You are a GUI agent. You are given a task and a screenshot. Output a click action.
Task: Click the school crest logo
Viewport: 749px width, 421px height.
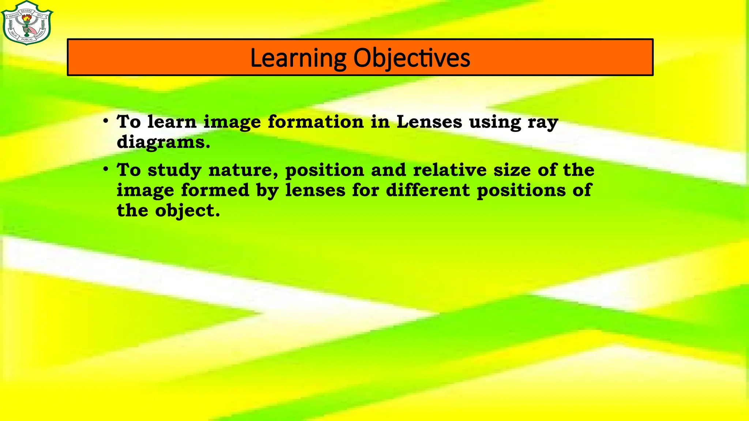(27, 23)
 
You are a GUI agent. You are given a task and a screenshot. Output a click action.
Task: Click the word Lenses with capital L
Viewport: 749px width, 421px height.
(429, 122)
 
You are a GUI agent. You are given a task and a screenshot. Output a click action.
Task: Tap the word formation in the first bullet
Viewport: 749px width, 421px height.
(316, 122)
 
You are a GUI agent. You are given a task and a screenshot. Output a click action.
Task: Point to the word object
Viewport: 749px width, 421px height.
(187, 211)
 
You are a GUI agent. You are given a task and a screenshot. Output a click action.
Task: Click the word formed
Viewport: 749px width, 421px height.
(215, 190)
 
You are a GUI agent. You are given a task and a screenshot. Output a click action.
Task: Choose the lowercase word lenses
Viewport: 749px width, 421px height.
(315, 190)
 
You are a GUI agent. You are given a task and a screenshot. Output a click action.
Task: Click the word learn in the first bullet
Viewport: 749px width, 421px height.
(172, 122)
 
